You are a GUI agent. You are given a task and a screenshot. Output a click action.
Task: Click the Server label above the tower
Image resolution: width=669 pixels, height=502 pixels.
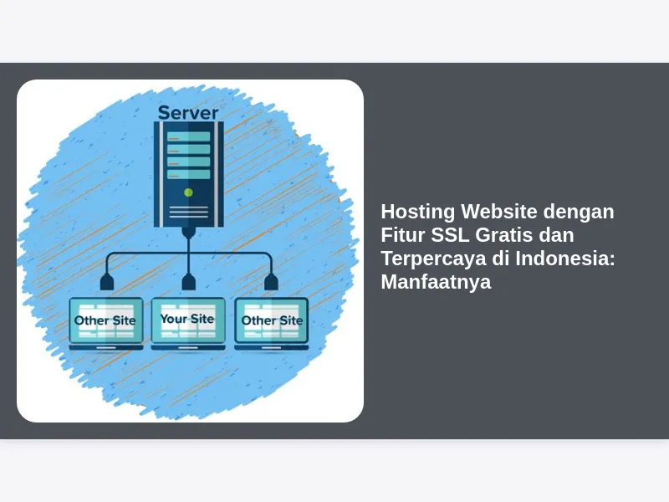tap(188, 113)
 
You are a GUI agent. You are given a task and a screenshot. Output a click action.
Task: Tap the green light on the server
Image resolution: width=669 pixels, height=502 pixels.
tap(189, 192)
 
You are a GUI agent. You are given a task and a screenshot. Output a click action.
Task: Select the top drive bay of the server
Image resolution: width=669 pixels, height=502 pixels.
tap(189, 136)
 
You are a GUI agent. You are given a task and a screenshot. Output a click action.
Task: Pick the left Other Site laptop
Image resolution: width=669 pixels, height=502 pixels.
tap(106, 324)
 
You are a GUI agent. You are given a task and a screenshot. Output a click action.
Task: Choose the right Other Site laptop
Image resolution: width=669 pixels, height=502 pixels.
tap(271, 324)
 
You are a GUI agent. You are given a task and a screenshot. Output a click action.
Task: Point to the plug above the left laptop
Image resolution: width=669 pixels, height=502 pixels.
tap(107, 282)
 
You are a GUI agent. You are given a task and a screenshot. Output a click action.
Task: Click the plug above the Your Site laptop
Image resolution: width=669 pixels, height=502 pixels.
tap(189, 282)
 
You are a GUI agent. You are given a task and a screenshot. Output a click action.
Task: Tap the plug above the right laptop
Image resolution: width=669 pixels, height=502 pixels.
tap(271, 282)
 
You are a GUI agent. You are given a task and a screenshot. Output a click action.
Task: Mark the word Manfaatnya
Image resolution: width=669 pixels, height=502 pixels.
tap(436, 283)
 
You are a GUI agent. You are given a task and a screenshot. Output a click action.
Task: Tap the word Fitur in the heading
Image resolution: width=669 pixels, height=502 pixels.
tap(403, 235)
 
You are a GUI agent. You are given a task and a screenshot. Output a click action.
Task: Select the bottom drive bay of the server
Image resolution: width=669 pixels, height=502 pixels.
tap(189, 174)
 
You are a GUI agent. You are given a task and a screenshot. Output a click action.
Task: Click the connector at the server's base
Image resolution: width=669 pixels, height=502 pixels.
tap(189, 233)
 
